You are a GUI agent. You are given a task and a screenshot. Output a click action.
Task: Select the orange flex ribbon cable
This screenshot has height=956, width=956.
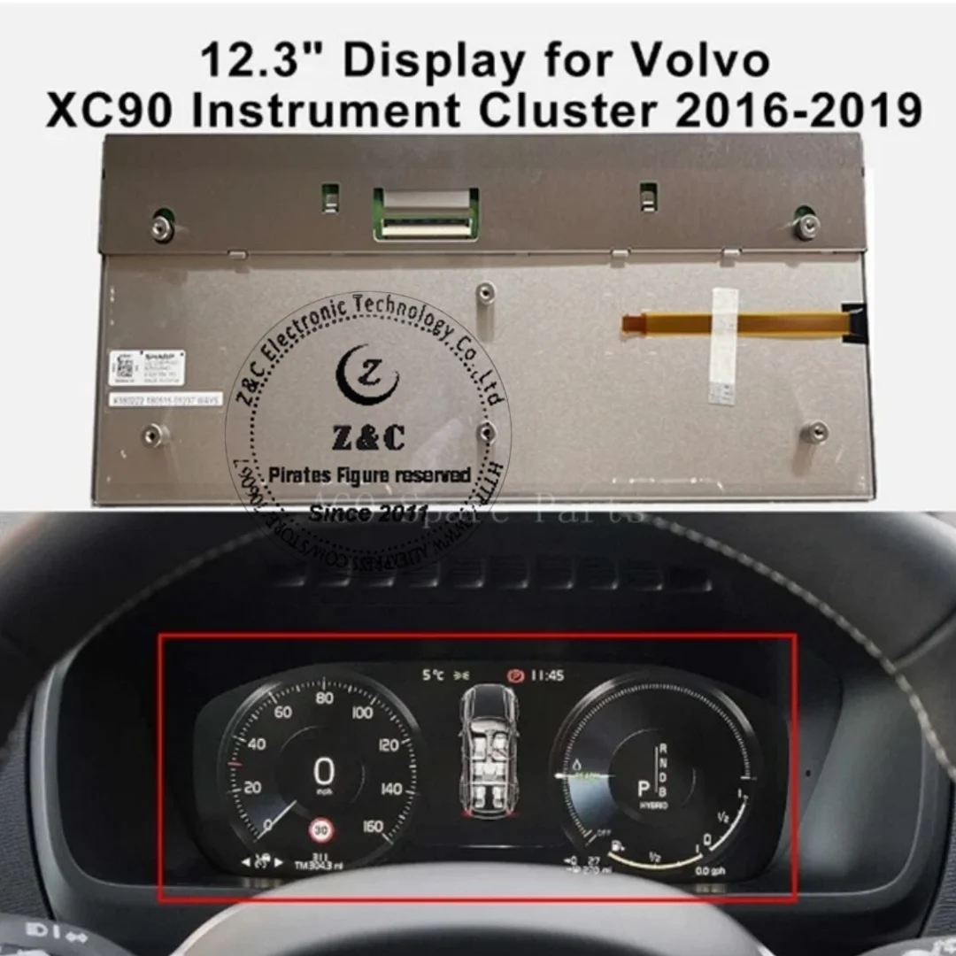pos(735,323)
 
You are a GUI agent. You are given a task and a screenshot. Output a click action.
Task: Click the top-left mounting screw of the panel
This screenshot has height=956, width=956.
pos(160,227)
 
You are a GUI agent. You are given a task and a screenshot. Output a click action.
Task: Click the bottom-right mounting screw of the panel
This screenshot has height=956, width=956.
pos(817,432)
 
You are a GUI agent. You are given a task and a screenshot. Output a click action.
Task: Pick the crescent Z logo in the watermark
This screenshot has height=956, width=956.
pos(367,375)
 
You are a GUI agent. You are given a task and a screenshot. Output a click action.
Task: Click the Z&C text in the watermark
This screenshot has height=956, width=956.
pos(368,436)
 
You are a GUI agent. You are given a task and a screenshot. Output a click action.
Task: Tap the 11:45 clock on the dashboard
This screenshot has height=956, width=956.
pos(547,675)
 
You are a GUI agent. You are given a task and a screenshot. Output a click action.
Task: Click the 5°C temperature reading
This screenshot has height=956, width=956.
pos(434,675)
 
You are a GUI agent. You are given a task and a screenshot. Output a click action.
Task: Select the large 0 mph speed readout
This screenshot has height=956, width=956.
pos(324,772)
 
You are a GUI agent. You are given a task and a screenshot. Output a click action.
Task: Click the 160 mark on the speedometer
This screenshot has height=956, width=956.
pos(374,827)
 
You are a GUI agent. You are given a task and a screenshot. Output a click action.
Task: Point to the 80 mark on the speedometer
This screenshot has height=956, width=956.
pos(324,698)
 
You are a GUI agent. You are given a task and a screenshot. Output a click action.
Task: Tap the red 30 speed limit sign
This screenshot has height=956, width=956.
pos(320,830)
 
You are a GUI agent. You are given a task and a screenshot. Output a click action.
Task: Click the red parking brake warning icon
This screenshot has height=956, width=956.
pos(516,675)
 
